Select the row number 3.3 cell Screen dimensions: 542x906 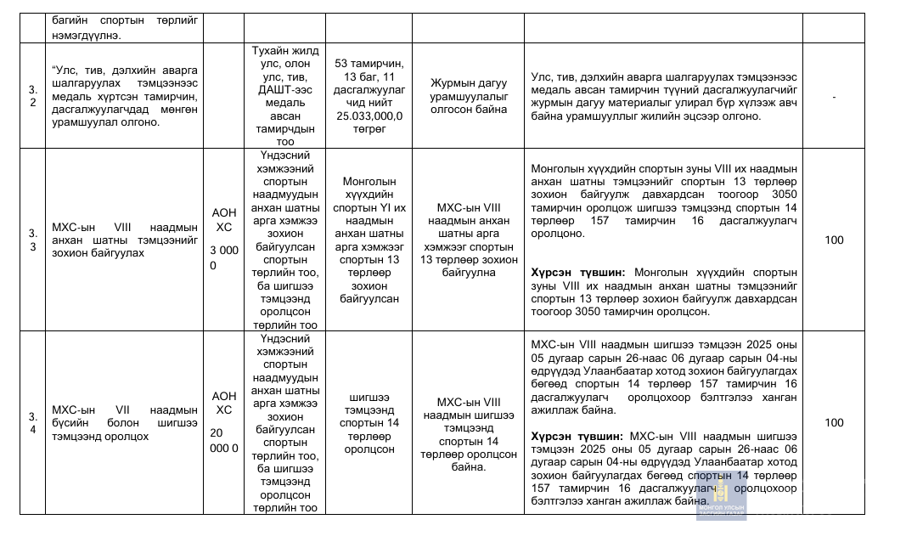coord(32,240)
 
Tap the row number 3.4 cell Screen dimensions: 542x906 coord(32,422)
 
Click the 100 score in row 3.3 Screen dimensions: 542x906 coord(834,240)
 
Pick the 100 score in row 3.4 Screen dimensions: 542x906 coord(834,423)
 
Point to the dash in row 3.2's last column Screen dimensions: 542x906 coord(834,97)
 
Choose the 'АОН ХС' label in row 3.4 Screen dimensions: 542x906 coord(224,404)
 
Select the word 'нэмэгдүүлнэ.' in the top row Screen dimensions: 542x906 coord(85,34)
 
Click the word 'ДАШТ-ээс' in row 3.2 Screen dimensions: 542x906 coord(284,89)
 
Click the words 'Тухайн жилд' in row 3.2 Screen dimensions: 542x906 coord(284,51)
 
